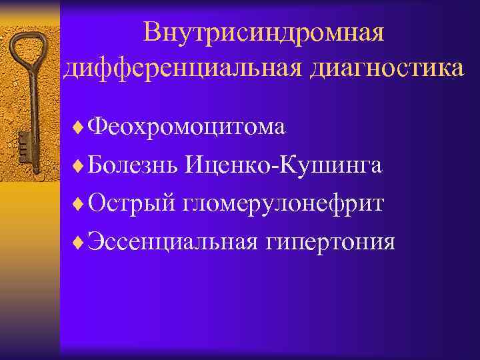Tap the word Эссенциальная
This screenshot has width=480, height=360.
pyautogui.click(x=173, y=241)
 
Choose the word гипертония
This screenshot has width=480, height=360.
pyautogui.click(x=330, y=242)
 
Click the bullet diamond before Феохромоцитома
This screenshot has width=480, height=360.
pyautogui.click(x=81, y=127)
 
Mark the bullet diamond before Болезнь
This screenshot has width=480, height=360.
pyautogui.click(x=81, y=165)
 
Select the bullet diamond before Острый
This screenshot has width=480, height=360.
pyautogui.click(x=81, y=203)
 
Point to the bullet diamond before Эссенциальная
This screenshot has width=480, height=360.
pyautogui.click(x=81, y=241)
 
